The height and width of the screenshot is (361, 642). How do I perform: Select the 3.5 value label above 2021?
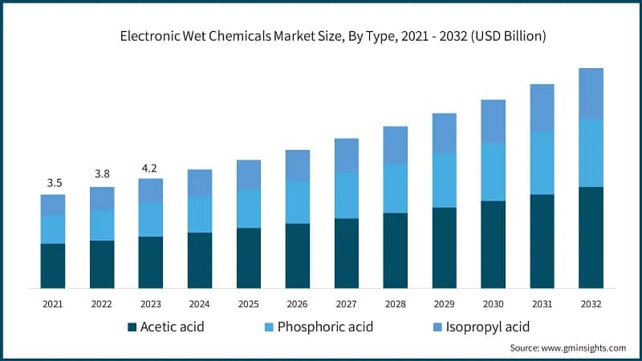[x=54, y=183]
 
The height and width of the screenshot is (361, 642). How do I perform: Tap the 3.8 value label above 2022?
[x=102, y=172]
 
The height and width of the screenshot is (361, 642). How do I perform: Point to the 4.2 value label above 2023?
[x=150, y=168]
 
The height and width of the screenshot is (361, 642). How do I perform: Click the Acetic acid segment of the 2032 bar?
[x=591, y=237]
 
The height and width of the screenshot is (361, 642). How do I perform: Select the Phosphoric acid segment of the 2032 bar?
[x=591, y=152]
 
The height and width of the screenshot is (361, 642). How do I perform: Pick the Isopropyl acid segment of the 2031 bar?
[x=542, y=107]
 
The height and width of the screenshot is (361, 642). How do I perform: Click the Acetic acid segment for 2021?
[x=54, y=266]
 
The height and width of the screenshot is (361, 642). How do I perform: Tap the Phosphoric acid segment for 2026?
[x=298, y=202]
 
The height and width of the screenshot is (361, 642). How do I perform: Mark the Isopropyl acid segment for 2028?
[x=396, y=145]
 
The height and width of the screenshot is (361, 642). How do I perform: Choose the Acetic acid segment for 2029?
[x=445, y=248]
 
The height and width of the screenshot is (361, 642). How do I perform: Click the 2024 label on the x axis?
[x=199, y=305]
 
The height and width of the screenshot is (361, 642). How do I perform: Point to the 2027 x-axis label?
[x=346, y=305]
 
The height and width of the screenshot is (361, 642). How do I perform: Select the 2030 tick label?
[x=493, y=305]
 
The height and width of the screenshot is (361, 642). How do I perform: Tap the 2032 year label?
[x=591, y=305]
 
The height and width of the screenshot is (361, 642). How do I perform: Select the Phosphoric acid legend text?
[x=326, y=327]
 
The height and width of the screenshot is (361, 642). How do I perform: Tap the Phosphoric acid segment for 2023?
[x=150, y=219]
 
